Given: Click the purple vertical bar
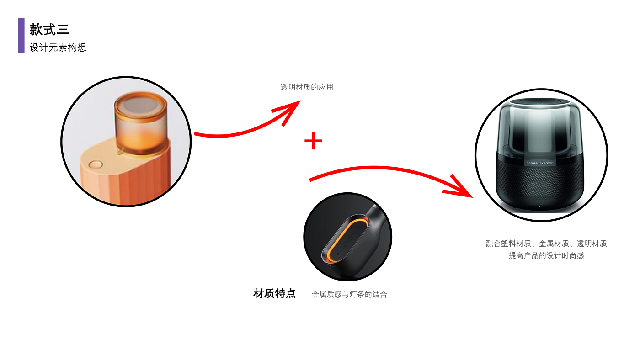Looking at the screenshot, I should [x=21, y=36].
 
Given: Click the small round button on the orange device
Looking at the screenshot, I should [x=96, y=165].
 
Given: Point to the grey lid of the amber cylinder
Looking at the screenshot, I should [x=140, y=106].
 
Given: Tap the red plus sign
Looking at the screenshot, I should [x=314, y=141].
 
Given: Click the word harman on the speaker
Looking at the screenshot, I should [x=533, y=163].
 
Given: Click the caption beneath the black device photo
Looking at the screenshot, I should [x=349, y=295].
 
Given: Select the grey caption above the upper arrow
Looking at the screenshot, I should [x=307, y=87].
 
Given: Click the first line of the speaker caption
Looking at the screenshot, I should [x=546, y=244].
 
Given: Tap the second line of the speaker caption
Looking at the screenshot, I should [x=546, y=256].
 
